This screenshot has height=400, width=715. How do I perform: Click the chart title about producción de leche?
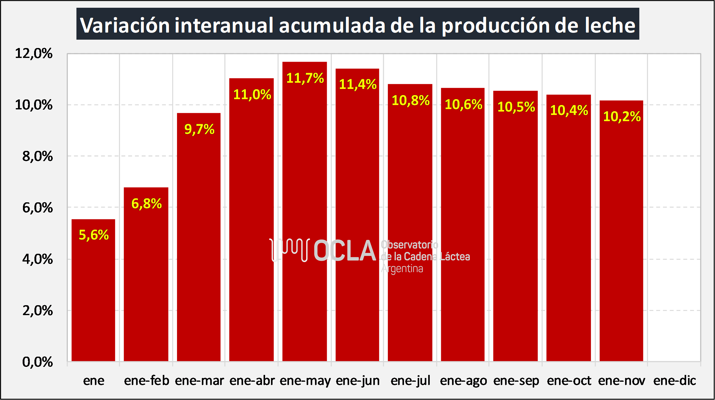pyautogui.click(x=357, y=24)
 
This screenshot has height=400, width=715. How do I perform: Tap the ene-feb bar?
pyautogui.click(x=146, y=279)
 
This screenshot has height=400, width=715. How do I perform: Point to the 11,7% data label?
pyautogui.click(x=305, y=78)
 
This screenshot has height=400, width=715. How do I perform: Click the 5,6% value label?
pyautogui.click(x=94, y=235)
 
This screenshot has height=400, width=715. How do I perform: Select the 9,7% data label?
pyautogui.click(x=199, y=129)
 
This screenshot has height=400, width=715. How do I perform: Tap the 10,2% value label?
pyautogui.click(x=622, y=116)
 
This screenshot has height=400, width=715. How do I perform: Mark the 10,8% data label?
pyautogui.click(x=411, y=100)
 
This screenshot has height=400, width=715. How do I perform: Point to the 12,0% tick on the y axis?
pyautogui.click(x=34, y=53)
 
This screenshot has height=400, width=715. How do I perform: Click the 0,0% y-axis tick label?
pyautogui.click(x=37, y=362)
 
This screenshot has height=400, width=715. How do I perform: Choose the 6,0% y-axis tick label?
pyautogui.click(x=37, y=207)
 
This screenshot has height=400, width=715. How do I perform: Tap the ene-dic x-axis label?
pyautogui.click(x=674, y=380)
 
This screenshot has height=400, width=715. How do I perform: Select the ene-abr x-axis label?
pyautogui.click(x=252, y=380)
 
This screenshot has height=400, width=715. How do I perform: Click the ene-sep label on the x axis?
pyautogui.click(x=516, y=380)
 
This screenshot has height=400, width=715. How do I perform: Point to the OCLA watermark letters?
pyautogui.click(x=345, y=250)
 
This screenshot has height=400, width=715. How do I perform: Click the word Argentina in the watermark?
pyautogui.click(x=402, y=269)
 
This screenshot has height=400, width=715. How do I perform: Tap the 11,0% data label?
pyautogui.click(x=252, y=95)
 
